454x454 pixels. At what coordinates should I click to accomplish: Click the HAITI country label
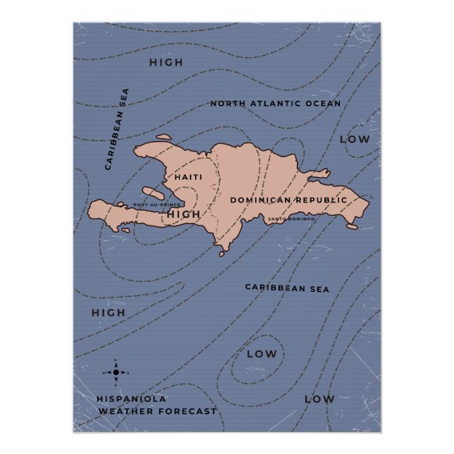[x=188, y=177]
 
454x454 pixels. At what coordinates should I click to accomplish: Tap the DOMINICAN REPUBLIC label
[x=288, y=200]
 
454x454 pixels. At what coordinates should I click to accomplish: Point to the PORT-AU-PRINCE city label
[x=157, y=205]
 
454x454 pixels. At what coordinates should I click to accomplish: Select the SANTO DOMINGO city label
[x=291, y=219]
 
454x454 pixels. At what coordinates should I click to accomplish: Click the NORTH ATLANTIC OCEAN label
[x=275, y=104]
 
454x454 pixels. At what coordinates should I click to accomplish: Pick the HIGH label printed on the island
[x=185, y=214]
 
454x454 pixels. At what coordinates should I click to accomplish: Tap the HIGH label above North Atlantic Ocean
[x=166, y=63]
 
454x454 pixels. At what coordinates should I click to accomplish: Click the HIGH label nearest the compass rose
[x=108, y=312]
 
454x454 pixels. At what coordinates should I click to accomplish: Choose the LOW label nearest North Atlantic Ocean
[x=355, y=140]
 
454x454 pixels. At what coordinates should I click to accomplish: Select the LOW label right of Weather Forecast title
[x=319, y=399]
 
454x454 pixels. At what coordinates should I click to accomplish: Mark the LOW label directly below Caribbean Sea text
[x=262, y=354]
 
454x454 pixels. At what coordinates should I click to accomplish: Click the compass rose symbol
[x=116, y=372]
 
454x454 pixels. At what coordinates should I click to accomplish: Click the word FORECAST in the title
[x=183, y=411]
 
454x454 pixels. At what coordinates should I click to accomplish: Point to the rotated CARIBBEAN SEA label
[x=117, y=129]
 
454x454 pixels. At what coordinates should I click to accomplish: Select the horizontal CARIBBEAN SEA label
[x=287, y=288]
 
